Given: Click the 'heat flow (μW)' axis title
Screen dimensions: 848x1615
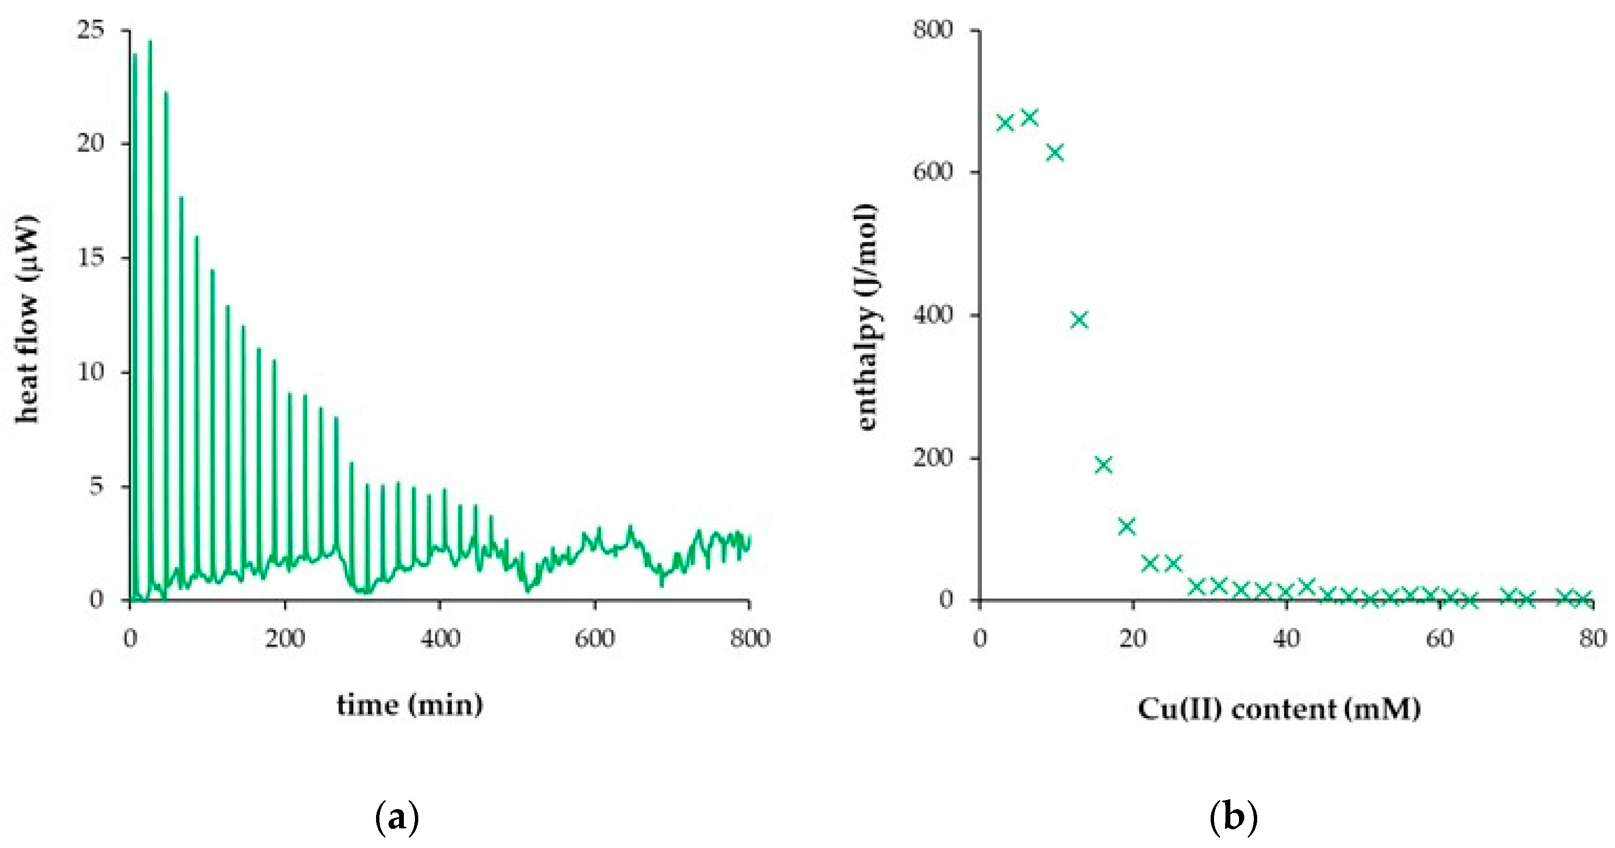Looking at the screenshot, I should pyautogui.click(x=28, y=320).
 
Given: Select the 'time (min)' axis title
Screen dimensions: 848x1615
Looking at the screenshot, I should pyautogui.click(x=410, y=705).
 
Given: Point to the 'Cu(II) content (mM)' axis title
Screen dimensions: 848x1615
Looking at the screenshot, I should pyautogui.click(x=1279, y=709).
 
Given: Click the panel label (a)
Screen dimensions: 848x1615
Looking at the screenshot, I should pyautogui.click(x=396, y=819).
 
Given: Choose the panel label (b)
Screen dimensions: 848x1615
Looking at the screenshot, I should pyautogui.click(x=1233, y=819).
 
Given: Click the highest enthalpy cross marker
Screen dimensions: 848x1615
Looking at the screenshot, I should pyautogui.click(x=1029, y=117).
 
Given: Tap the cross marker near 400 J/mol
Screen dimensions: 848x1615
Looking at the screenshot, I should pyautogui.click(x=1079, y=320).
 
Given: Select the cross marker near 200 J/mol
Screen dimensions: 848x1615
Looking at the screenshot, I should pyautogui.click(x=1103, y=465).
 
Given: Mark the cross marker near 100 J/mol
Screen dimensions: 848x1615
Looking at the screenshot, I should pyautogui.click(x=1127, y=526).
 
